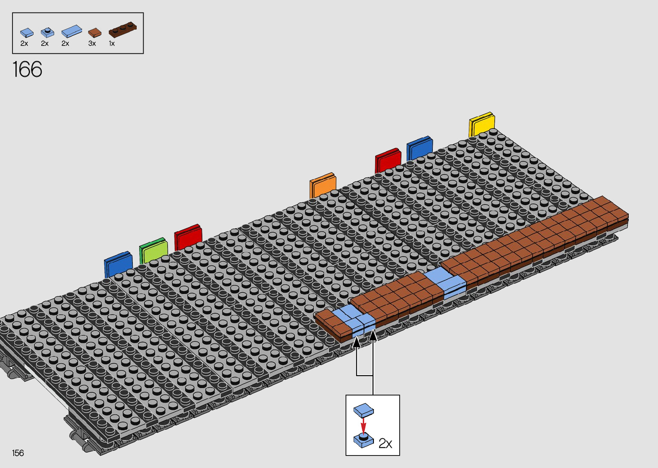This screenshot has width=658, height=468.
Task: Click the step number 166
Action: [28, 69]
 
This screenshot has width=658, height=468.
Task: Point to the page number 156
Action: [18, 453]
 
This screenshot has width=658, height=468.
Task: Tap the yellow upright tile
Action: [481, 125]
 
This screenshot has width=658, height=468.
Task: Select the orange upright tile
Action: [322, 186]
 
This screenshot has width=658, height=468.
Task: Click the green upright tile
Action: [153, 251]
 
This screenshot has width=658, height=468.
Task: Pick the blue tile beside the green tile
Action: [118, 264]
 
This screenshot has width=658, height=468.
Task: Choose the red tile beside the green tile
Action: [188, 237]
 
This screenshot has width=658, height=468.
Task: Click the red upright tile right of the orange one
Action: [388, 161]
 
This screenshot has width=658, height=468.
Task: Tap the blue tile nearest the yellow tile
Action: [419, 148]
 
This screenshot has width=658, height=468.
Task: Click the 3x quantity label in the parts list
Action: [92, 43]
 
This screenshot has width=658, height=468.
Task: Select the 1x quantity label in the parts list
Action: [112, 43]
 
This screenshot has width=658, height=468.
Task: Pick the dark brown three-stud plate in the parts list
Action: [122, 30]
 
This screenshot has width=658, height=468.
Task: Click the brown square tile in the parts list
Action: [95, 33]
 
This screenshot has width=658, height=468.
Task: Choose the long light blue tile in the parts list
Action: [71, 31]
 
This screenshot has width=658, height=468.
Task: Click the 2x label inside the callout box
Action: [385, 444]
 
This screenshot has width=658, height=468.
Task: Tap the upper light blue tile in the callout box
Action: [364, 410]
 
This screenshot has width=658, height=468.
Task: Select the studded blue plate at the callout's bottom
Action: [364, 440]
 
